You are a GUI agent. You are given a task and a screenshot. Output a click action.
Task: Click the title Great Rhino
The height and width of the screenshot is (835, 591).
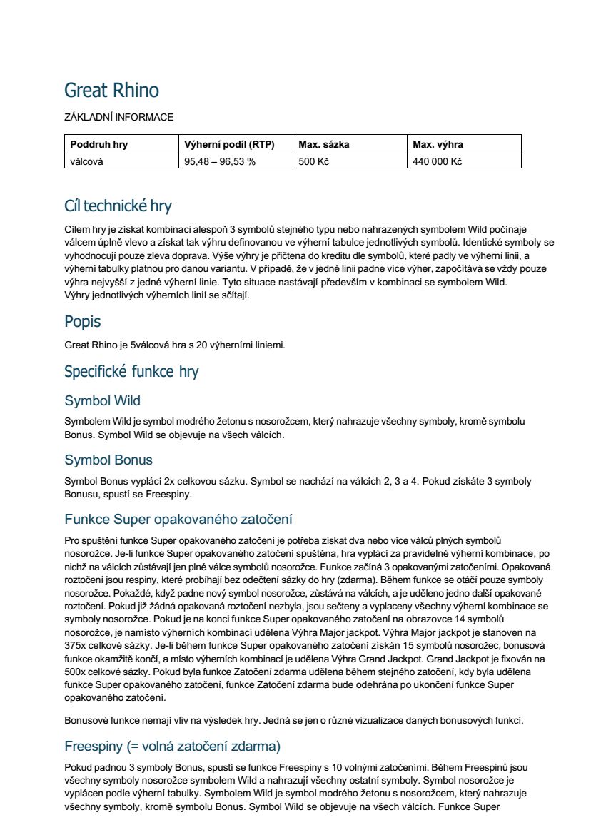tap(111, 91)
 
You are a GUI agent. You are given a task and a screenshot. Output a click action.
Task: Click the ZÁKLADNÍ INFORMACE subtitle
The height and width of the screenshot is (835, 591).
tap(118, 117)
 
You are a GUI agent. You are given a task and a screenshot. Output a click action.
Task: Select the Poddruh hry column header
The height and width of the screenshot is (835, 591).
tap(98, 144)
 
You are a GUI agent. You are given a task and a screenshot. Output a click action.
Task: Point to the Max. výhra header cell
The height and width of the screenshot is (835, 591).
tap(438, 144)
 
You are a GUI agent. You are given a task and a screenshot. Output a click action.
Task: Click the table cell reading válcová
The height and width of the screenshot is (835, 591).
tap(86, 161)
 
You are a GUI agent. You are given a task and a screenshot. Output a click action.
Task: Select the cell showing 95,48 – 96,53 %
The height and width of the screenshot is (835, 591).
tap(220, 161)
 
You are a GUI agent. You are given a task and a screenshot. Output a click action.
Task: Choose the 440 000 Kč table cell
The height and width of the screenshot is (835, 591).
tap(438, 161)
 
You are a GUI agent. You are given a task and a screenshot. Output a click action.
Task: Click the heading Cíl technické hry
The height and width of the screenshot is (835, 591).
tap(118, 206)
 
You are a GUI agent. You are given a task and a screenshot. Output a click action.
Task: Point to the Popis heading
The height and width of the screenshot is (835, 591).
tap(82, 321)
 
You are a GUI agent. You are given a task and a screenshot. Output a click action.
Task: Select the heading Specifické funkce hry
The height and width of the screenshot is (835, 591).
tap(131, 371)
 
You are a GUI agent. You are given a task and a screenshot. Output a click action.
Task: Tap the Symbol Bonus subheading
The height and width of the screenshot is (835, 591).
tap(108, 460)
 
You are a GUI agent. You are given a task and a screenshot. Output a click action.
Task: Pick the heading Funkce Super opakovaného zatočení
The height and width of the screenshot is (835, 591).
tap(178, 519)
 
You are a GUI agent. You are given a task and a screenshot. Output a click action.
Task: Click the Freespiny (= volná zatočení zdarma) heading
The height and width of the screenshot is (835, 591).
tap(172, 747)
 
